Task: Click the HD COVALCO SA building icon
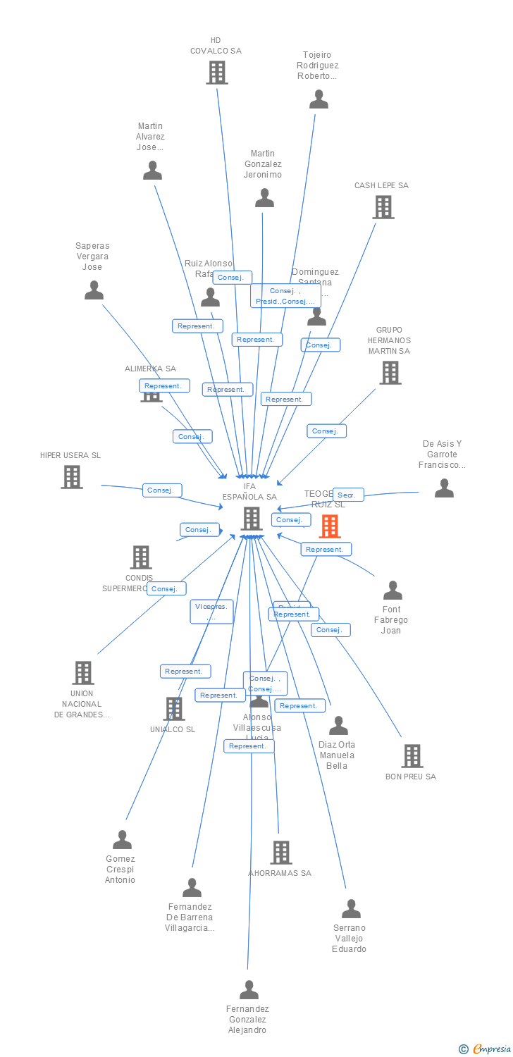216,72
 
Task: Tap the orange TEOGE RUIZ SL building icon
330,526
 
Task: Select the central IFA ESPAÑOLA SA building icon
252,518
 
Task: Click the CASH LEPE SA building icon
383,206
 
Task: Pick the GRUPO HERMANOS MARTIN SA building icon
390,372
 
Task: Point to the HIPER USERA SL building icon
71,477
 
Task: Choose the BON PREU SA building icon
412,755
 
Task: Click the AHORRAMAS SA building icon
280,852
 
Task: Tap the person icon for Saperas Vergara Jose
94,290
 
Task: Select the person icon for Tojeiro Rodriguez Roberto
319,99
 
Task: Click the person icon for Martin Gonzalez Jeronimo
264,198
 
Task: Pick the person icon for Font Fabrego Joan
392,590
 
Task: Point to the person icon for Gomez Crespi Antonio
122,839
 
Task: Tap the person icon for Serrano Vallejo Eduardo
350,908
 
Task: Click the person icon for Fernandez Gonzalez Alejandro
249,989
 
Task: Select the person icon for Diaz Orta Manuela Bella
338,725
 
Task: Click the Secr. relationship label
348,495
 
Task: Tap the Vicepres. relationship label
211,611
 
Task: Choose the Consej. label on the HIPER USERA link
162,490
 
